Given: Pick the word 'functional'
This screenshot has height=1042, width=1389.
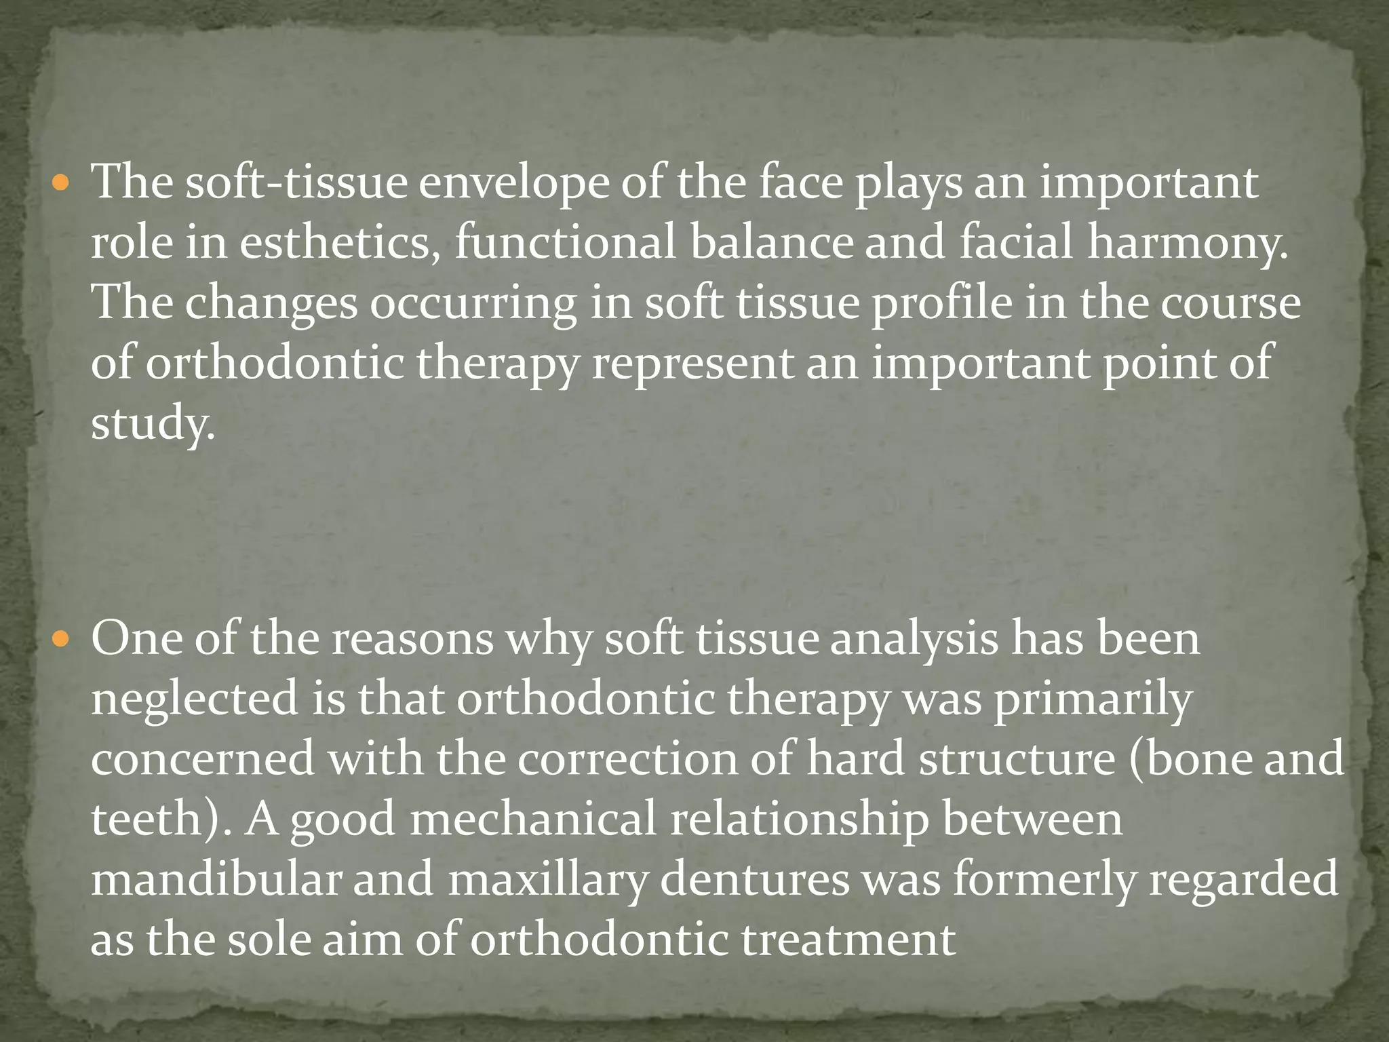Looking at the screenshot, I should (x=566, y=243).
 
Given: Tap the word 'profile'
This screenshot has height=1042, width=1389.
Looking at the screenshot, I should (x=942, y=304).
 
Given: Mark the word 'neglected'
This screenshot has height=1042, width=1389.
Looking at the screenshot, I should (x=195, y=700).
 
